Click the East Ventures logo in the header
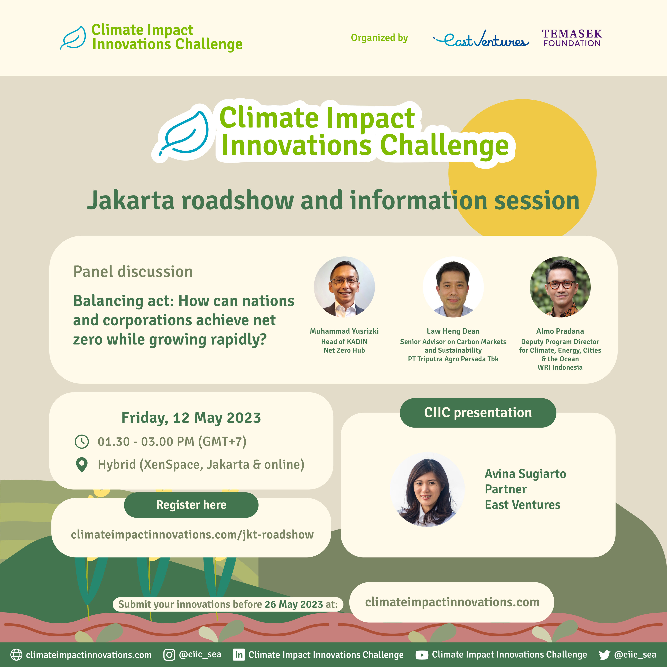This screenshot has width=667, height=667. (481, 39)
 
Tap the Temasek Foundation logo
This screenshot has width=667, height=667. (572, 38)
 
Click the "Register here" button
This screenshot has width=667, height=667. (191, 505)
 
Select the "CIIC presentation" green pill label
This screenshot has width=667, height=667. (478, 413)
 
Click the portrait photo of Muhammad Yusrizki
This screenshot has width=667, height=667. (344, 287)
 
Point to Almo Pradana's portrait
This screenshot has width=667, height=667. (560, 287)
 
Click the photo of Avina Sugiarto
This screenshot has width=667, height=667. (427, 490)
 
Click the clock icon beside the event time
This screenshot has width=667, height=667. (82, 442)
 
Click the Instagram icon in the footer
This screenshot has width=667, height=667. (169, 654)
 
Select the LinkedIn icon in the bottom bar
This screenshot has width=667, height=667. (239, 654)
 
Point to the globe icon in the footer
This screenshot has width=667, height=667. (16, 654)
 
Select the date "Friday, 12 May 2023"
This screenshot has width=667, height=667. (191, 418)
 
